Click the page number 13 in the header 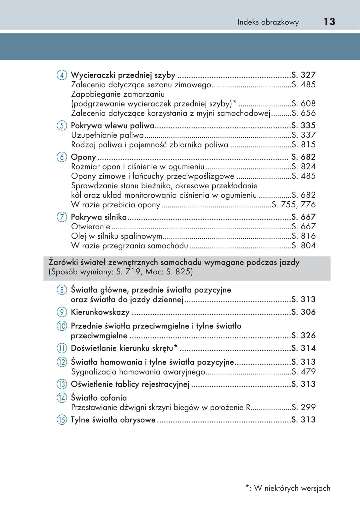tap(329, 22)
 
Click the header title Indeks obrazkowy tap(268, 22)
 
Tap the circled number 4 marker tap(62, 75)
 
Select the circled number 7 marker tap(62, 217)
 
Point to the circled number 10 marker tap(62, 326)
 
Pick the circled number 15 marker tap(62, 420)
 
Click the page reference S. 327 tap(303, 75)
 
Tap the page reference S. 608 tap(303, 104)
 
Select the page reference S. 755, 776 tap(293, 204)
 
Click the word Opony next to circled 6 tap(83, 157)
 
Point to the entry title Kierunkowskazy tap(100, 312)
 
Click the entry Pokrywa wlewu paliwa tap(113, 126)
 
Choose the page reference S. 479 tap(303, 372)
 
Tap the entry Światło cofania tap(99, 398)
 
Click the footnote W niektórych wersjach tap(292, 488)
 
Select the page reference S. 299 tap(303, 407)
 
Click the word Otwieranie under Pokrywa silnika tap(90, 226)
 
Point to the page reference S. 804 tap(303, 246)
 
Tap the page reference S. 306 tap(303, 312)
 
